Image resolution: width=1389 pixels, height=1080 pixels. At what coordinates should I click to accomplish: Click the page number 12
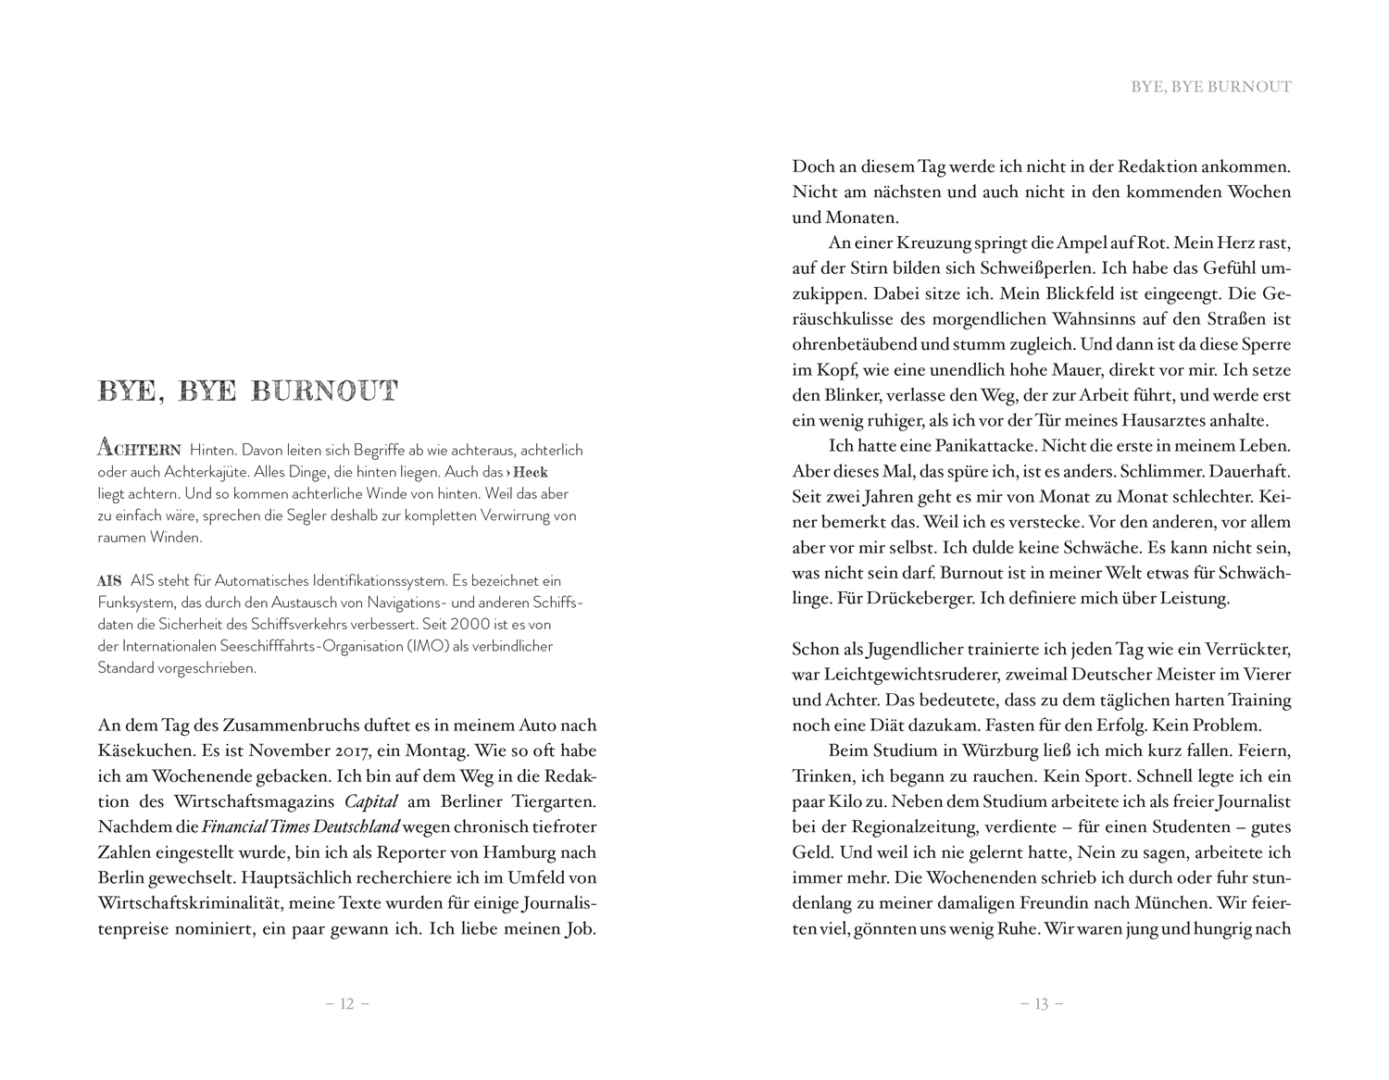tap(347, 1004)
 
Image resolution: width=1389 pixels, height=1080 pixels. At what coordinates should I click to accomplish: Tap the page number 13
tap(1041, 1004)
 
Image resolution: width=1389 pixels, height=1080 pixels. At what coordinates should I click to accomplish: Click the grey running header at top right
tap(1210, 87)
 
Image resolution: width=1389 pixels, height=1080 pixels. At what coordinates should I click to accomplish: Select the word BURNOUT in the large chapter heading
tap(324, 391)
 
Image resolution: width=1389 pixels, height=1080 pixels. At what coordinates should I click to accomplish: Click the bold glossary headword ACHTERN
tap(139, 450)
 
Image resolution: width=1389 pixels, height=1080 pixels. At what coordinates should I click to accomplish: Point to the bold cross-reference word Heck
tap(531, 472)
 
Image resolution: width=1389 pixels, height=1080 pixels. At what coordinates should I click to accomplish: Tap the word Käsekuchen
tap(144, 751)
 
